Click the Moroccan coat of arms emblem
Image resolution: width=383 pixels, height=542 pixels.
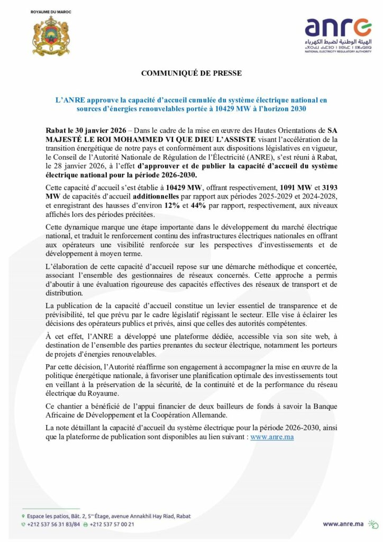51,36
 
